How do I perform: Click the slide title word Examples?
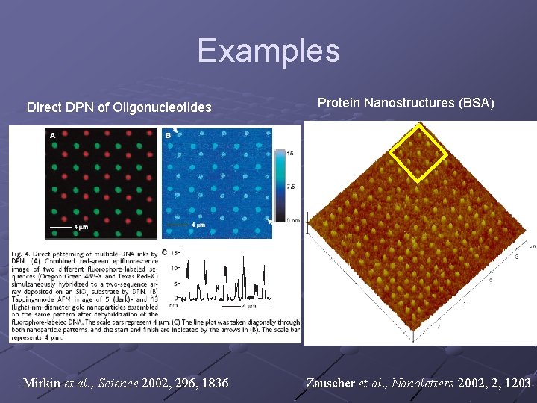tap(268, 51)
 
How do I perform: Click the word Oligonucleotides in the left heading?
tap(163, 107)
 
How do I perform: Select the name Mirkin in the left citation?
tap(42, 384)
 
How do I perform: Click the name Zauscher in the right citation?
tap(330, 384)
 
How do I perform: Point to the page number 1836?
tap(213, 384)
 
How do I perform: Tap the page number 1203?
tap(516, 384)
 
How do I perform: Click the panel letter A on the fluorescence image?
tap(52, 135)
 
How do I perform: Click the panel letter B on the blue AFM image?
tap(168, 135)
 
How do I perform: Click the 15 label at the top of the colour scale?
tap(290, 153)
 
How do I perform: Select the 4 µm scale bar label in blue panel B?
tap(198, 225)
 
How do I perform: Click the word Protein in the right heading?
tap(339, 103)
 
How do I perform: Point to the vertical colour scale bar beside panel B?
tap(280, 184)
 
